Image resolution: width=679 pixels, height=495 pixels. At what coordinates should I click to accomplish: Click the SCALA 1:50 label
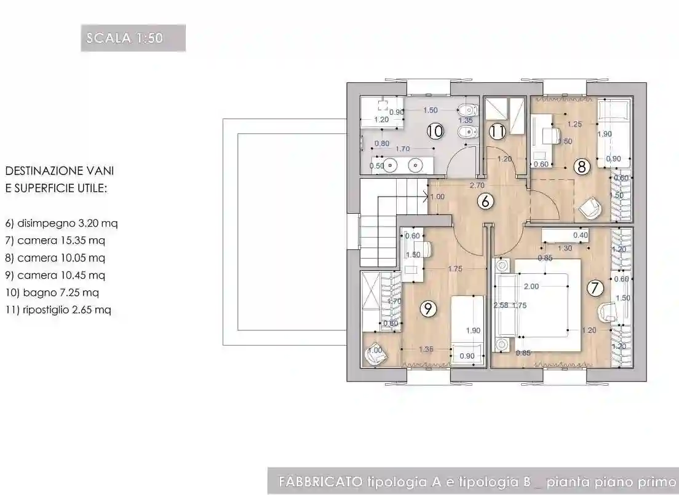tap(133, 38)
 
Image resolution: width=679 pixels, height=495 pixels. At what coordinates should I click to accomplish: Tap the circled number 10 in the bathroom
tap(435, 131)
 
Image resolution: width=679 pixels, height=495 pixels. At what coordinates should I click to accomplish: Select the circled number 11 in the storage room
tap(498, 131)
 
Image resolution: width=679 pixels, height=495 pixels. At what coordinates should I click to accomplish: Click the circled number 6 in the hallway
tap(485, 201)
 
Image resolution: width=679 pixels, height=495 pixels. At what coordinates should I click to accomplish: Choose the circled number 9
tap(428, 310)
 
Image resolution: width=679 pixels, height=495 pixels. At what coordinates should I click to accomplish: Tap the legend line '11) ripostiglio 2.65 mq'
tap(58, 310)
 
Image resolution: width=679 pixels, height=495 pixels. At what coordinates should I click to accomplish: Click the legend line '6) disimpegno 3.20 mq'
tap(61, 223)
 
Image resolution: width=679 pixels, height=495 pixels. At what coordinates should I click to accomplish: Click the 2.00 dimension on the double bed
tap(531, 287)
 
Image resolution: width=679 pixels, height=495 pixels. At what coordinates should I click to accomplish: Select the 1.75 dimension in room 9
tap(455, 268)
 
